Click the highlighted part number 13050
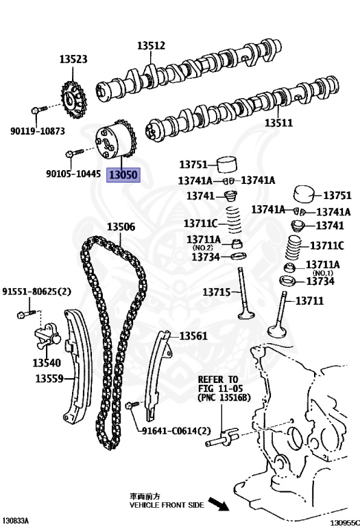[x=123, y=175]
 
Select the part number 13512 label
[x=151, y=46]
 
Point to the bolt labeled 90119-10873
[x=40, y=109]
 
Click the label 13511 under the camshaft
[x=278, y=123]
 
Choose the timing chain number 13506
[x=121, y=227]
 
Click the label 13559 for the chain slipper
[x=49, y=379]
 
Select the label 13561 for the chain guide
[x=193, y=336]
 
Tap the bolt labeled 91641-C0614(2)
[x=132, y=405]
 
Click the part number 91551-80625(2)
[x=36, y=292]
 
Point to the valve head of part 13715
[x=245, y=315]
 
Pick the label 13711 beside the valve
[x=309, y=301]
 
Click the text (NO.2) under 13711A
[x=202, y=248]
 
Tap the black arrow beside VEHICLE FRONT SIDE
[x=218, y=504]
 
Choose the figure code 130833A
[x=15, y=521]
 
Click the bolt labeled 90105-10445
[x=75, y=153]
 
